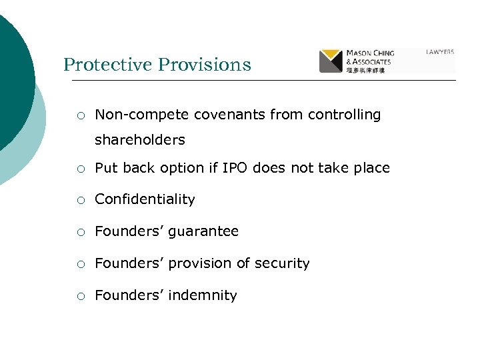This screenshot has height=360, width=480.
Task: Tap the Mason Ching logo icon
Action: point(331,61)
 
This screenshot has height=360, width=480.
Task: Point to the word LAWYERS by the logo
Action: point(440,51)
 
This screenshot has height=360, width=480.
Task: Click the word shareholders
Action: point(140,140)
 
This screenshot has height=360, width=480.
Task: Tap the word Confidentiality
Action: point(145,199)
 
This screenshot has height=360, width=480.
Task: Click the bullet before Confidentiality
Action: point(80,200)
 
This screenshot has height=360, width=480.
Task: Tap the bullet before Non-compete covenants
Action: point(80,115)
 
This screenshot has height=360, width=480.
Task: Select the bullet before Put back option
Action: point(80,169)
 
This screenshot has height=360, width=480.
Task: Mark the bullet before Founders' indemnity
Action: point(80,296)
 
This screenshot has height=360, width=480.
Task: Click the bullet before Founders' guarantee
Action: point(80,232)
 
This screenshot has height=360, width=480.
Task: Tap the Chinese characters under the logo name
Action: point(365,69)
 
